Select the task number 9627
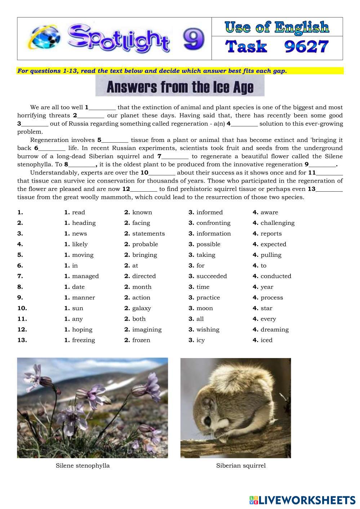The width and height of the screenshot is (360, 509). coord(307,47)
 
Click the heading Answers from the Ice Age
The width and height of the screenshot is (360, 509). coord(180,87)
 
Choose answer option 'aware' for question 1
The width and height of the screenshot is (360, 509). coord(269,212)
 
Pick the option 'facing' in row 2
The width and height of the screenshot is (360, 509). coord(141,223)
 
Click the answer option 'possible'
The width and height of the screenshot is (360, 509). coord(208,244)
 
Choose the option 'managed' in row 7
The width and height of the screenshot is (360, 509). coord(85,276)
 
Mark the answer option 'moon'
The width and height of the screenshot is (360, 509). coord(204,308)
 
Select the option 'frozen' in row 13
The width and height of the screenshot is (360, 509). coord(141,340)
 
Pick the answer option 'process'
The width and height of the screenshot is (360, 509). coord(272,298)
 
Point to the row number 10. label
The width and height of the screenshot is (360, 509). coord(22,308)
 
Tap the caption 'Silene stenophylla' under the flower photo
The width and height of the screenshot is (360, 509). coord(83,465)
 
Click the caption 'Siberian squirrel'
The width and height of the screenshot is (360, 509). coord(241,465)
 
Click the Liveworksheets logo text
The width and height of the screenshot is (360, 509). coord(307,500)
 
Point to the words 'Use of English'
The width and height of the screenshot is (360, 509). coord(277,27)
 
